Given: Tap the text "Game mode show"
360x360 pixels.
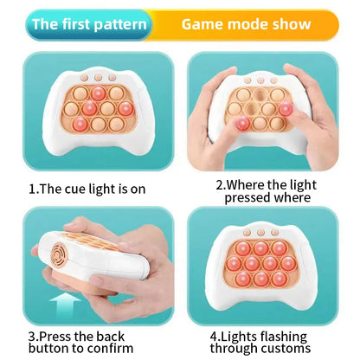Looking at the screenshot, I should (246, 24).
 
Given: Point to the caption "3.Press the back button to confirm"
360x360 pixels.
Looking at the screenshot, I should (89, 341).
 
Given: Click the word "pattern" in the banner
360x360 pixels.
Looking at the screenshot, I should (119, 24).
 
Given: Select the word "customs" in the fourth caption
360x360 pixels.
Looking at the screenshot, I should (284, 348).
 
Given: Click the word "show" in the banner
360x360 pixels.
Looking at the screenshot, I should (292, 24).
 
